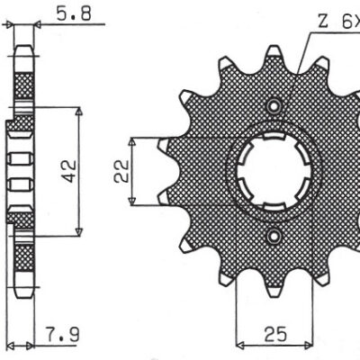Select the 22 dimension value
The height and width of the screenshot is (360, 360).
119,170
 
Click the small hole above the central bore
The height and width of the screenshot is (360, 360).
273,104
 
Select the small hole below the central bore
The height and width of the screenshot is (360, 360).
273,236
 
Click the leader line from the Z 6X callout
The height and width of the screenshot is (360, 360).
301,54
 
